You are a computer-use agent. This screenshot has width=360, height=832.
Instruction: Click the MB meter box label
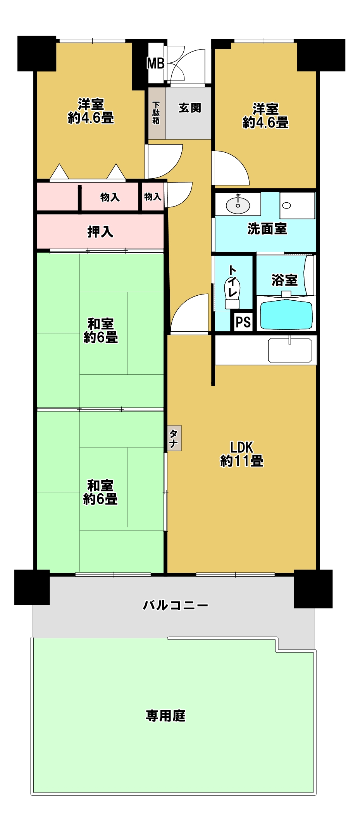click(x=156, y=63)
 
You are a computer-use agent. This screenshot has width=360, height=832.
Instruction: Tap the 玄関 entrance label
click(x=190, y=108)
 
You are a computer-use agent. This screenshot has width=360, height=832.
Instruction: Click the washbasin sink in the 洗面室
click(x=238, y=205)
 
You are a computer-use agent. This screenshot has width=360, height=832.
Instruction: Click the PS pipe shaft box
click(x=243, y=322)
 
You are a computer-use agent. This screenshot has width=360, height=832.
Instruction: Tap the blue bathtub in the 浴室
click(x=286, y=315)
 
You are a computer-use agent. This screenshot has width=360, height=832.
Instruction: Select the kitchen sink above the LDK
click(x=290, y=350)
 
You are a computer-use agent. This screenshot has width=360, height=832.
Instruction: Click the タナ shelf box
click(x=174, y=438)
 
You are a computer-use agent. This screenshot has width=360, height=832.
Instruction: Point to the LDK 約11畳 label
click(x=242, y=454)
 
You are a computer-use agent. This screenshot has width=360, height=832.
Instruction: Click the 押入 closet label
click(x=100, y=232)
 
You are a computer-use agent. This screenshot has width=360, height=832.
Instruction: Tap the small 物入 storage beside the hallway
click(x=153, y=197)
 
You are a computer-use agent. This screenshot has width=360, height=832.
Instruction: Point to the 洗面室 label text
click(x=267, y=229)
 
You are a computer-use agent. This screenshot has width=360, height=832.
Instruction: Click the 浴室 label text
click(x=285, y=280)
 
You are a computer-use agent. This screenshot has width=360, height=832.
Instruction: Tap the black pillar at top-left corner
click(x=37, y=53)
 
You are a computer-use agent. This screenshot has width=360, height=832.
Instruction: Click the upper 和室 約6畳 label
click(x=101, y=331)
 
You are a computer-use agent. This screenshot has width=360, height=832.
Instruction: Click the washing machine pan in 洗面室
click(x=297, y=205)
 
